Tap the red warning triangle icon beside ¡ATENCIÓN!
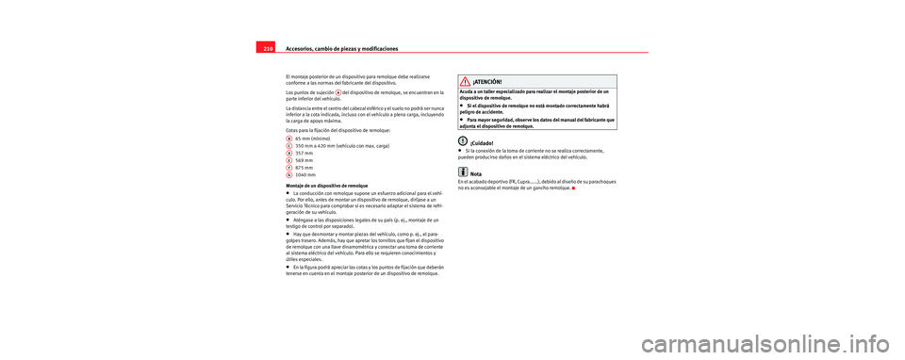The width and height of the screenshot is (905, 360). (x=466, y=81)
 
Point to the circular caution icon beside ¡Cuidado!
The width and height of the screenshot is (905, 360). (x=464, y=141)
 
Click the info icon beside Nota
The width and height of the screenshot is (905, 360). (x=464, y=172)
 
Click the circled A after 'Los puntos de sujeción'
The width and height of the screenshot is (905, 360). (x=337, y=92)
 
